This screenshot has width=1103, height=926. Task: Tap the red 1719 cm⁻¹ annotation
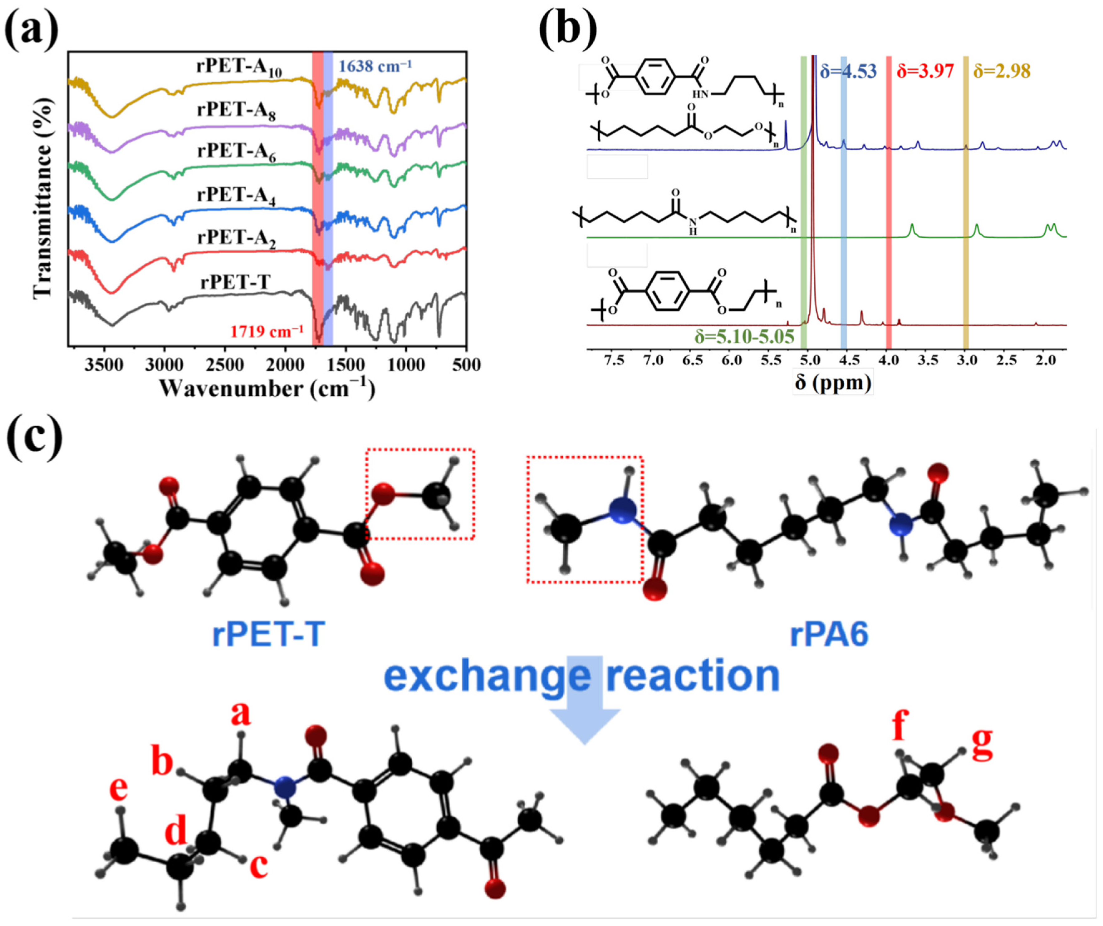[x=266, y=332]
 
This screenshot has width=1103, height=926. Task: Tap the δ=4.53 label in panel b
[x=848, y=71]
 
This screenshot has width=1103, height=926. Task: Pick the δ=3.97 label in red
[x=925, y=71]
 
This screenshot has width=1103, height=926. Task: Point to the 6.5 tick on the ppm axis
[x=692, y=360]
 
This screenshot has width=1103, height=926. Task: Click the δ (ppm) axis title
[x=832, y=382]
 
